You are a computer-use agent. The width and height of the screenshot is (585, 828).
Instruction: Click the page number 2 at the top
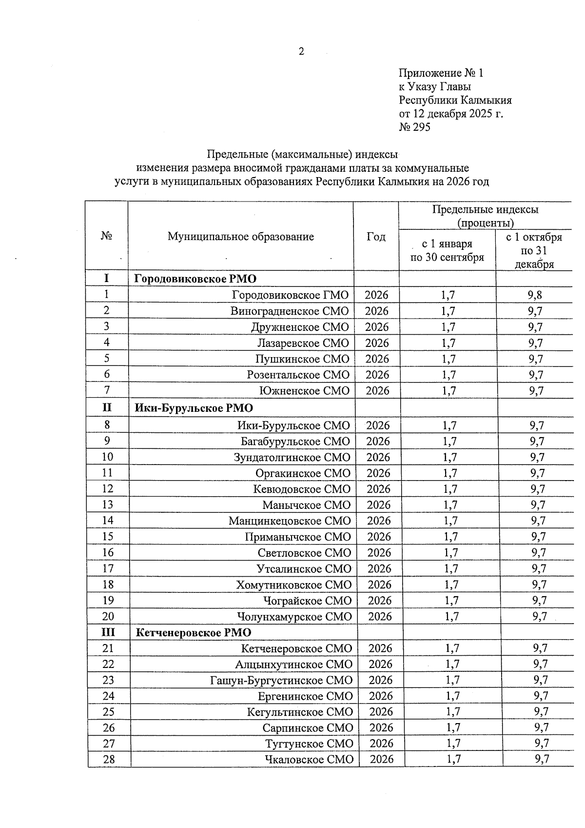pos(301,51)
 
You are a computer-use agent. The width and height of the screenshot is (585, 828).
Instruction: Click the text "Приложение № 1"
pos(441,73)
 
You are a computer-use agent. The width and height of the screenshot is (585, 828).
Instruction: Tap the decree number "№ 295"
pos(414,127)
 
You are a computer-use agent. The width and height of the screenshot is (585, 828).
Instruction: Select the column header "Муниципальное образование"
pos(241,237)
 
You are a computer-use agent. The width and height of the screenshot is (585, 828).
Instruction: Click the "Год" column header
pos(376,237)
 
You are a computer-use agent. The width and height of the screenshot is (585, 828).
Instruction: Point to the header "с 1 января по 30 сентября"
pos(447,250)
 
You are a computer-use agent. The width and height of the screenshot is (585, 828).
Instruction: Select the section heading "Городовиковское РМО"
pos(195,279)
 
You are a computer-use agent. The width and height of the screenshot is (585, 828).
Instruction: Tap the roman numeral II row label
pos(107,407)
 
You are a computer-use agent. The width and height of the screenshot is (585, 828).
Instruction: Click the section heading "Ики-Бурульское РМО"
pos(194,408)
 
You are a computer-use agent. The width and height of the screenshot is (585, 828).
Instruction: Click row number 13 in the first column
pos(107,505)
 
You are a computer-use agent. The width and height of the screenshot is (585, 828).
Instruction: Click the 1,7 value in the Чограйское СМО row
pos(451,600)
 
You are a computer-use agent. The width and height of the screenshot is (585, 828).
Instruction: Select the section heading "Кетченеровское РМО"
pos(194,632)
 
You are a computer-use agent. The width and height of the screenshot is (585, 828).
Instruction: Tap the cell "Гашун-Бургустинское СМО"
pos(281,680)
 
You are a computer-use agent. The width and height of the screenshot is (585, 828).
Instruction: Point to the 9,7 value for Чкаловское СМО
pos(542,759)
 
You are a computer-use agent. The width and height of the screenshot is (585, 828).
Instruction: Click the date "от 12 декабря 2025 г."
pos(450,114)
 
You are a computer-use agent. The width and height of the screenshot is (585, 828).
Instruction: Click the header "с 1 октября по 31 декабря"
pos(534,250)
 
